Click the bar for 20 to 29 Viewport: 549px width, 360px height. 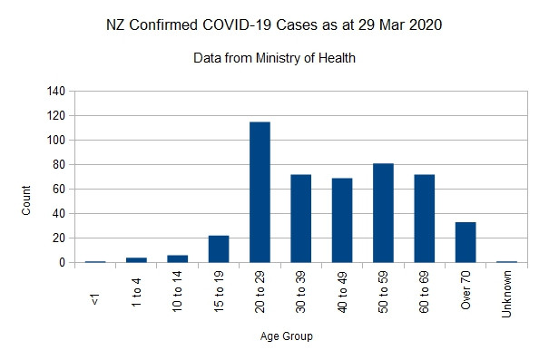[x=260, y=192]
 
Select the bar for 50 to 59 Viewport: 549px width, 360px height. [x=383, y=213]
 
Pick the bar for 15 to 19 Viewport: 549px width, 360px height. [x=218, y=249]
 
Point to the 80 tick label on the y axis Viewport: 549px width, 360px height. [x=59, y=165]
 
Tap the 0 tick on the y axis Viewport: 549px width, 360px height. [x=62, y=263]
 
